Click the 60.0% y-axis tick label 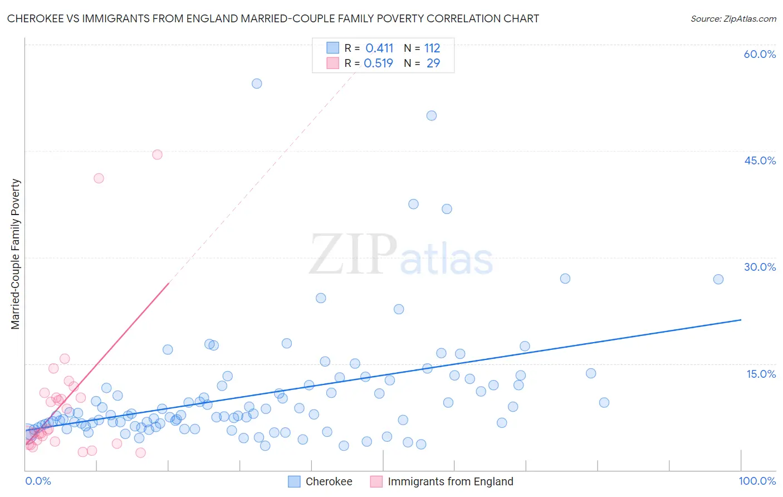[x=760, y=54]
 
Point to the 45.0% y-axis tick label [x=760, y=160]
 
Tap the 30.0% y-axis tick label [x=760, y=267]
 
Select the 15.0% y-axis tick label [x=761, y=374]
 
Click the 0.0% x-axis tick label [x=38, y=481]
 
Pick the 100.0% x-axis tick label [x=757, y=481]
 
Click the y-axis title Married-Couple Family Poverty [x=16, y=254]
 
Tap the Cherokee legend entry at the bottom [x=329, y=481]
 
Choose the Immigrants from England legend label [x=450, y=481]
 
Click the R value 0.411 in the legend [x=379, y=48]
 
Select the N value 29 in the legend [x=433, y=64]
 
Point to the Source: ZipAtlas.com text [x=733, y=19]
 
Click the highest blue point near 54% [x=257, y=84]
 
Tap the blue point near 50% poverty [x=432, y=116]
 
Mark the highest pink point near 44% [x=157, y=154]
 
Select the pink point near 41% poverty [x=99, y=178]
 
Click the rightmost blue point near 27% [x=718, y=279]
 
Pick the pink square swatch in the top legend [x=332, y=63]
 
